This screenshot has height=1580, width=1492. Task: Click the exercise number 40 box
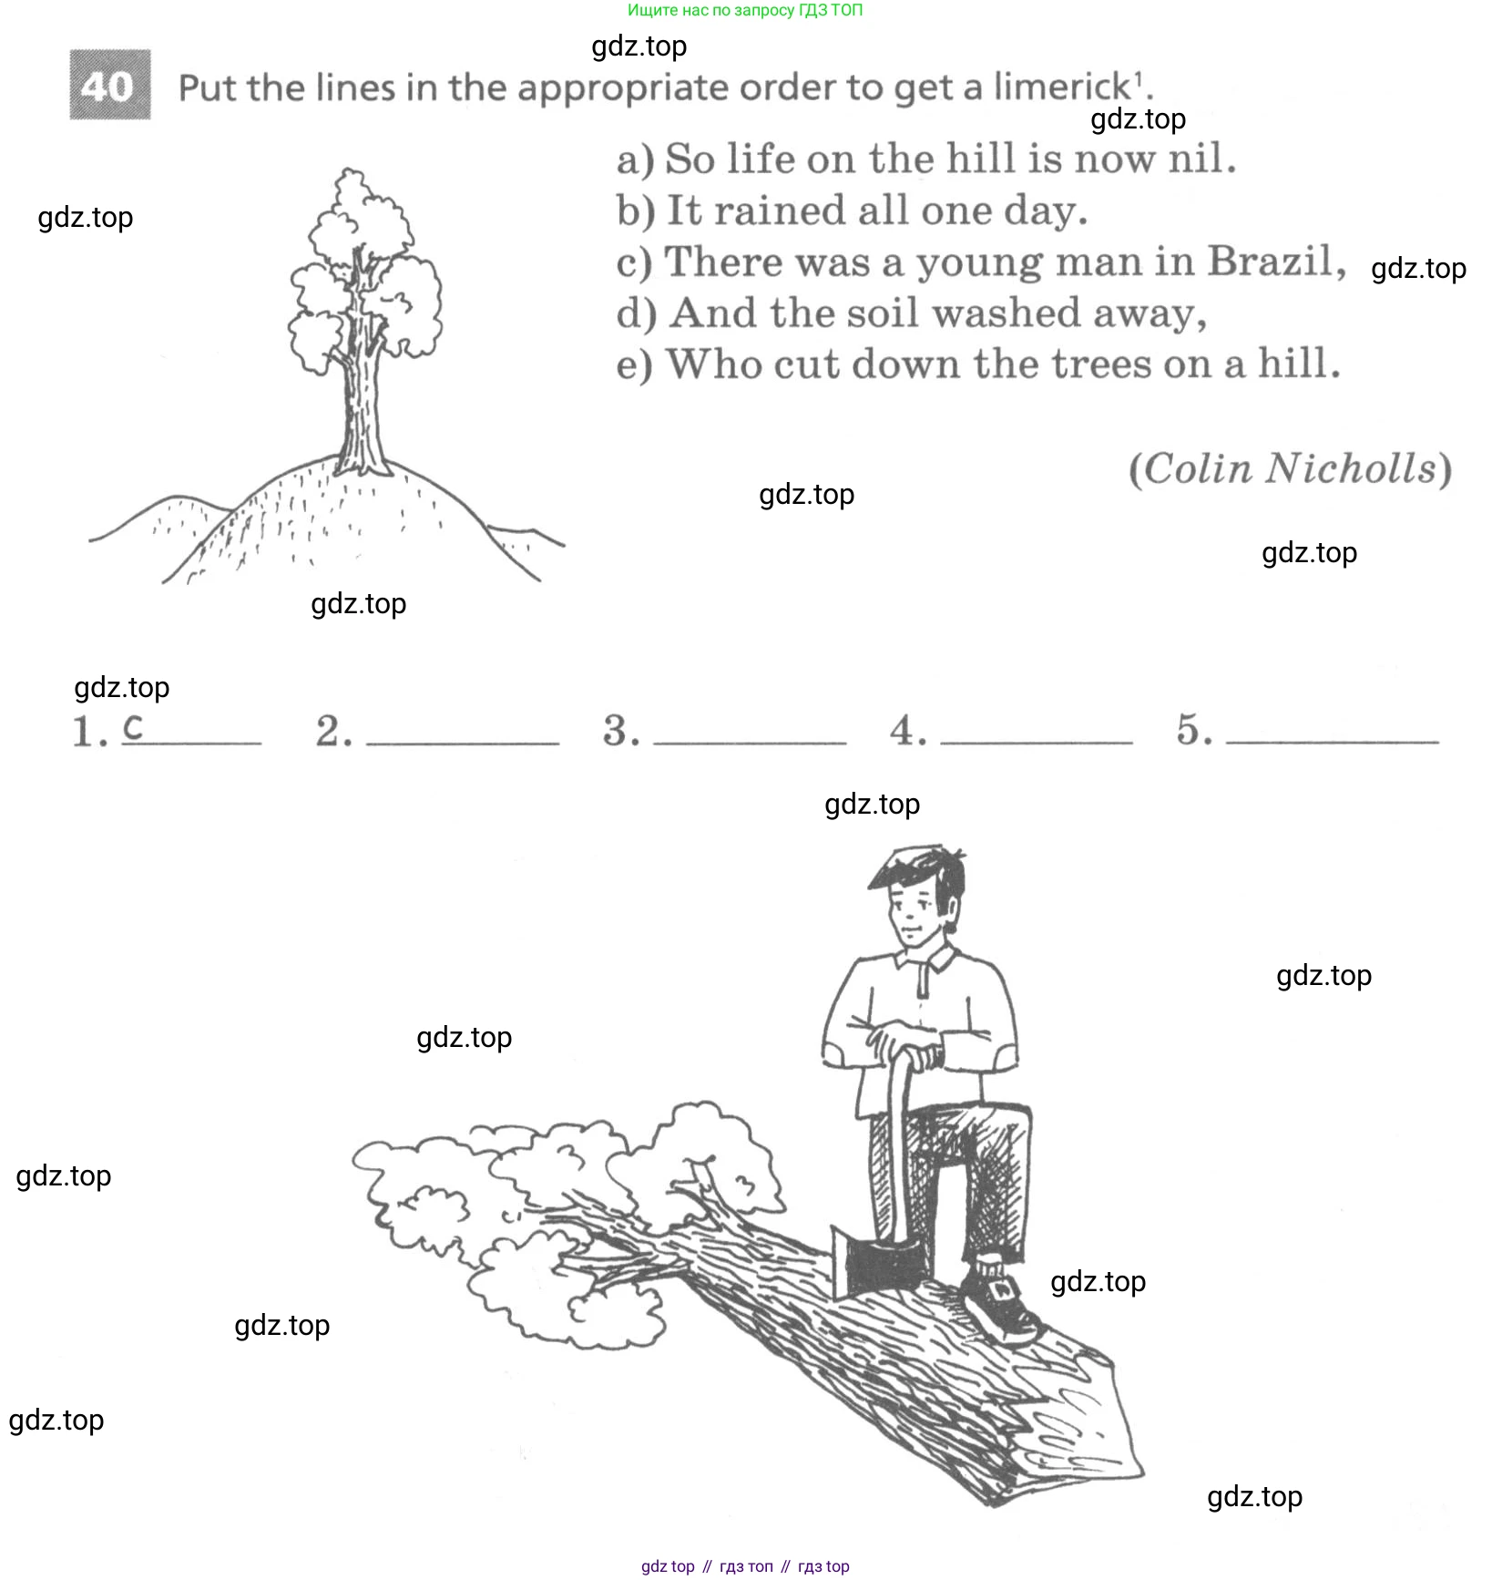[x=110, y=86]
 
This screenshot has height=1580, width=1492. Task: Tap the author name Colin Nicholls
[x=1290, y=469]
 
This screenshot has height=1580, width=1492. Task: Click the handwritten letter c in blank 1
[x=133, y=727]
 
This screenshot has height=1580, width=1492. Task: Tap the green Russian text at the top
[x=745, y=11]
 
